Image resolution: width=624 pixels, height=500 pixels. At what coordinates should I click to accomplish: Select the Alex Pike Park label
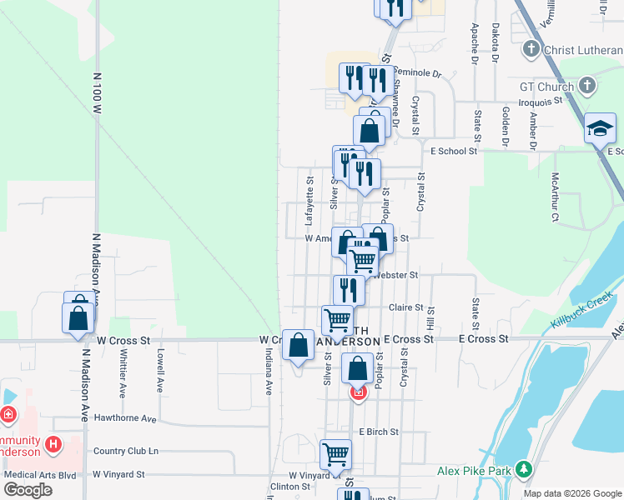click(474, 471)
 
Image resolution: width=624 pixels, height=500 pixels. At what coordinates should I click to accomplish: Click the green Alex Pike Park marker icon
click(523, 471)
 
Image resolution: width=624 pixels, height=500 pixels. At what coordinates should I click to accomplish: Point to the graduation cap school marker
click(600, 129)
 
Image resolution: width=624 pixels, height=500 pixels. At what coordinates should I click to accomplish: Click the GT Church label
click(546, 87)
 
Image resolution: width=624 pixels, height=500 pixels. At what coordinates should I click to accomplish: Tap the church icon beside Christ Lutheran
click(531, 49)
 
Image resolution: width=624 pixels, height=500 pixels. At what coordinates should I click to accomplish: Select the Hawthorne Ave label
click(125, 418)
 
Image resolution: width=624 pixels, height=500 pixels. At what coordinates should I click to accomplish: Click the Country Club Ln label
click(126, 451)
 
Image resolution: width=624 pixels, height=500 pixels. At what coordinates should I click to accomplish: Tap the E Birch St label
click(379, 432)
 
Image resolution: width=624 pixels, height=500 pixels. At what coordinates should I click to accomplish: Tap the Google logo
click(28, 490)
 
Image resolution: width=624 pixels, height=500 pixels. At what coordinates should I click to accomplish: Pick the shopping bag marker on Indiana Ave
click(298, 345)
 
